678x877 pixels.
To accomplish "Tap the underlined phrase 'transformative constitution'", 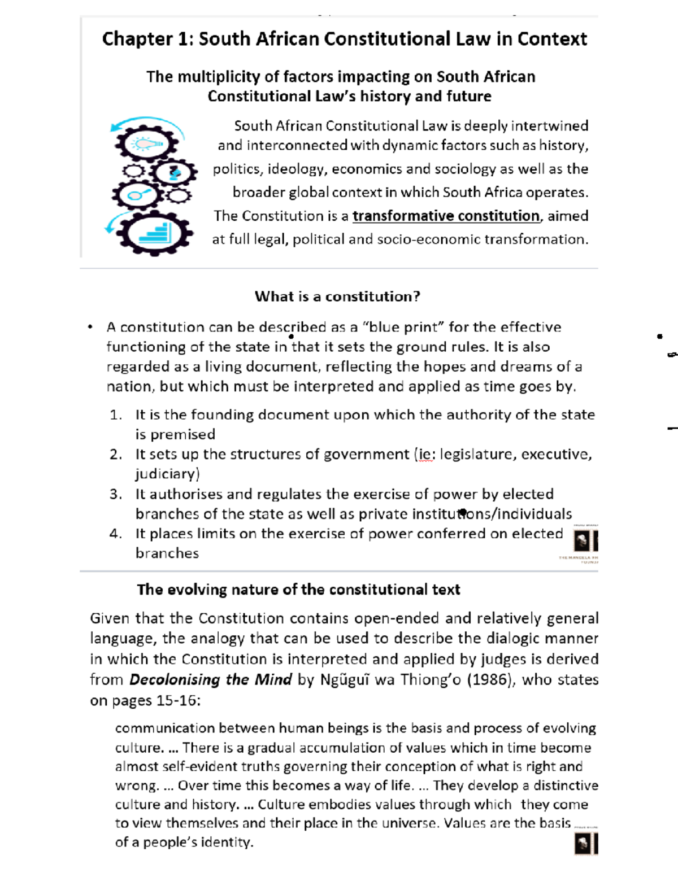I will click(x=446, y=216).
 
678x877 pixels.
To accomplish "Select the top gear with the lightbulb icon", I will click(x=146, y=143).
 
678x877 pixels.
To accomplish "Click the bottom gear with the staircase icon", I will click(x=154, y=232).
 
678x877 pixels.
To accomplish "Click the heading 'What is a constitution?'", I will click(x=337, y=296).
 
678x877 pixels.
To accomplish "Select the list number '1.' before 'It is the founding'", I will click(x=116, y=415).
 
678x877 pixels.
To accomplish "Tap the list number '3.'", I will click(x=116, y=494).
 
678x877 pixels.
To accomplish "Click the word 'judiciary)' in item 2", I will click(x=167, y=474).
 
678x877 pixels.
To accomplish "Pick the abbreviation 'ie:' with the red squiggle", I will click(x=425, y=455).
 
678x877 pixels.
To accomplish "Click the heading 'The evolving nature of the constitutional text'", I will click(x=298, y=590).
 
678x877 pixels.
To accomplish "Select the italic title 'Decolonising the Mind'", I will click(x=210, y=679).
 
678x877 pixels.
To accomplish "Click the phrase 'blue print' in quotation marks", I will click(x=404, y=328).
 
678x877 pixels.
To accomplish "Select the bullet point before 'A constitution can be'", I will click(x=90, y=326).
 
